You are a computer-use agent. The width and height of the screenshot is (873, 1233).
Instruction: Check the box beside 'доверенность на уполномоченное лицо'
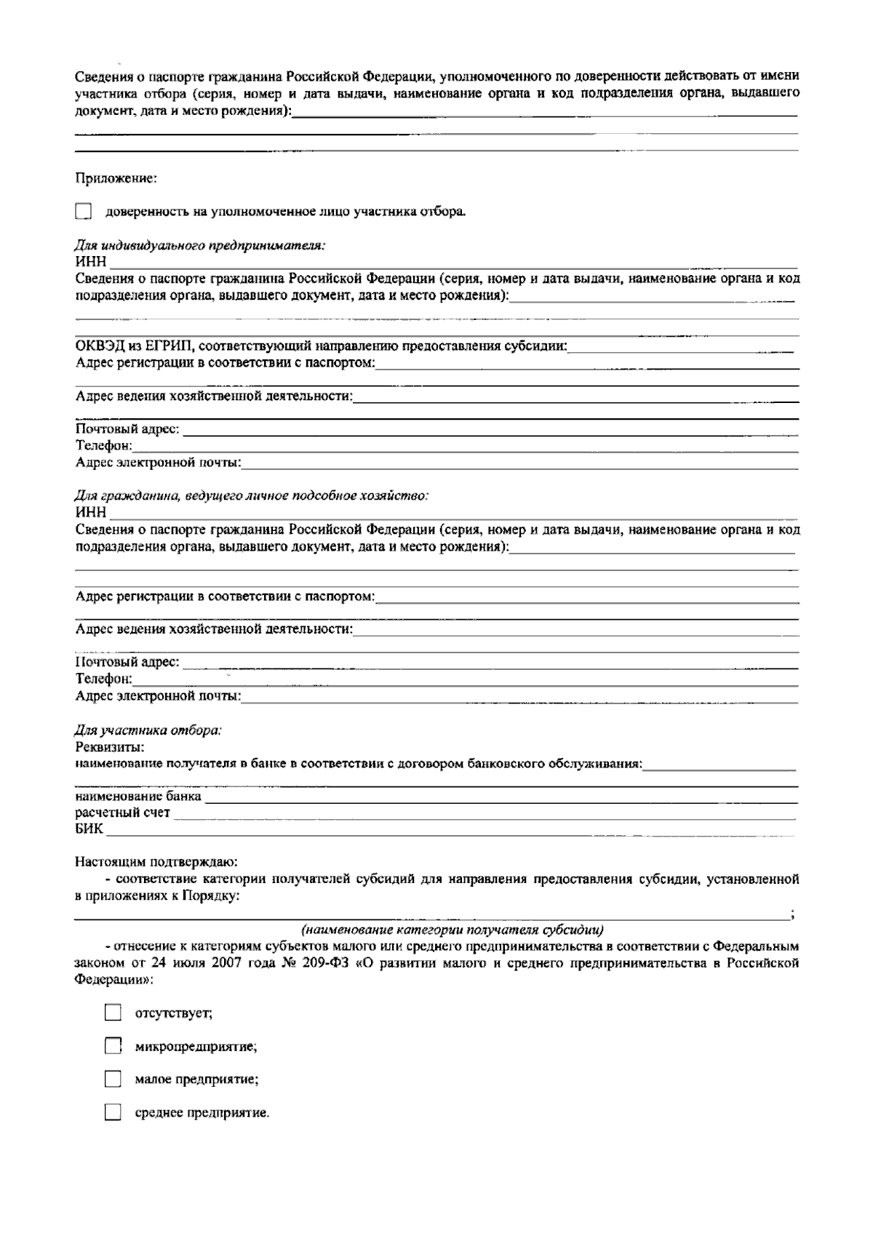(x=84, y=212)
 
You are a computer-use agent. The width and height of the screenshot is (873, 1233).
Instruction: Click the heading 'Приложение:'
(x=116, y=177)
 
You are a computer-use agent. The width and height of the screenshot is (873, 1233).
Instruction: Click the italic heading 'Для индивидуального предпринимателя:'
(x=200, y=246)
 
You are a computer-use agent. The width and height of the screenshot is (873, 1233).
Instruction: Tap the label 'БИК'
(x=89, y=829)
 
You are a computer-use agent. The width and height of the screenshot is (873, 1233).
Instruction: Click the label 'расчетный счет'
(x=122, y=813)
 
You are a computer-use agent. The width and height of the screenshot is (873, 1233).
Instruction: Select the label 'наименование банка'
(x=138, y=797)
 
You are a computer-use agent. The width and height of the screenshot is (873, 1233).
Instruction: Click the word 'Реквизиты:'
(x=109, y=746)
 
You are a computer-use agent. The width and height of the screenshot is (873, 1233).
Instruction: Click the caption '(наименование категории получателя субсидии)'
(x=452, y=930)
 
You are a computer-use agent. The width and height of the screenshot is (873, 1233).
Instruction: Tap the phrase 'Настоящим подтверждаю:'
(x=156, y=863)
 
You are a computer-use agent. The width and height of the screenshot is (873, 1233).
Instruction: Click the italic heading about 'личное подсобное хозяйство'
(x=252, y=496)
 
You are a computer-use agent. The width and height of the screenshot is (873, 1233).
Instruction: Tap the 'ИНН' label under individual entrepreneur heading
(x=90, y=262)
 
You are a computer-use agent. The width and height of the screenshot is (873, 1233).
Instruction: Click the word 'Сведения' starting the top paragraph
(x=101, y=76)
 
